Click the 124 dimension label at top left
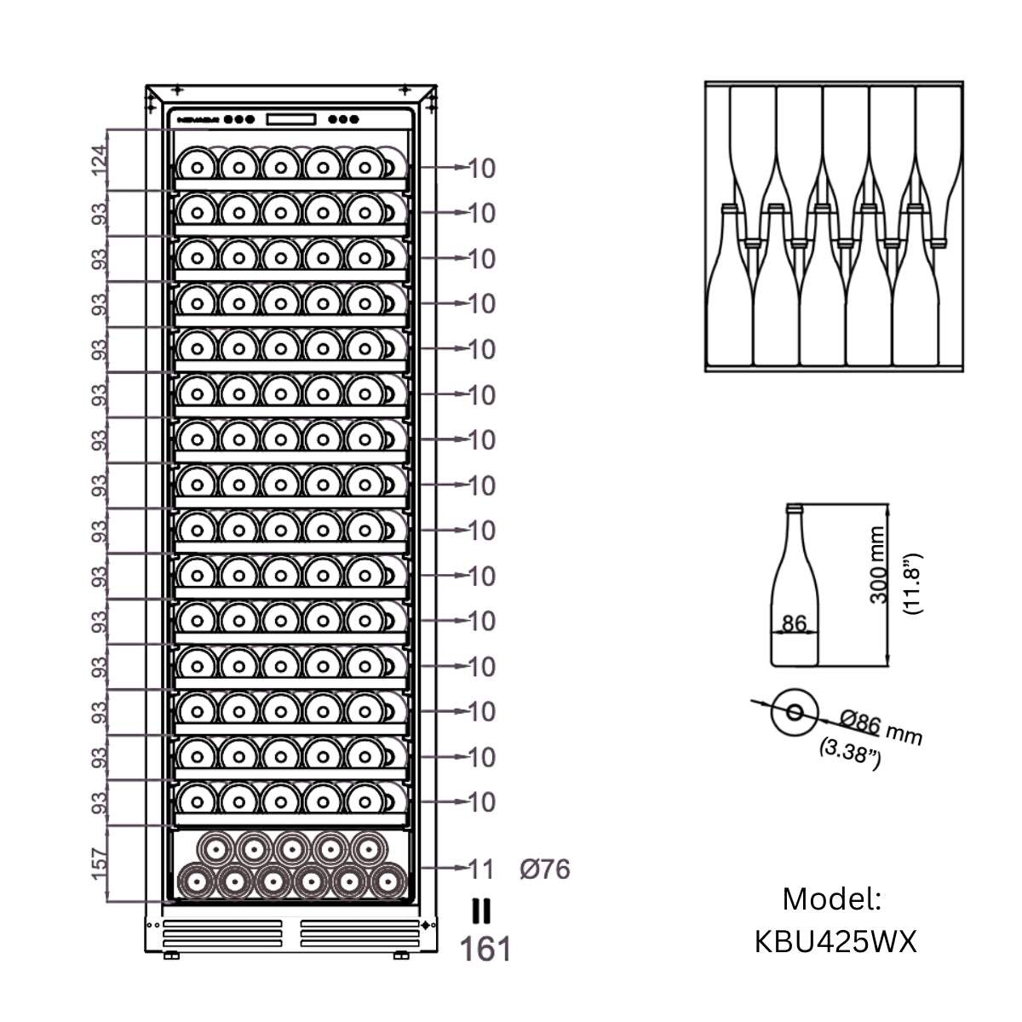[100, 160]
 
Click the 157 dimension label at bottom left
[100, 864]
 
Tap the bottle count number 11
[481, 869]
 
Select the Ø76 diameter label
[545, 870]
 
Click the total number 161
[485, 949]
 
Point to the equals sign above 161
[481, 911]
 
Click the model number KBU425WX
[835, 942]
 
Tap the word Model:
[832, 899]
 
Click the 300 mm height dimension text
[878, 565]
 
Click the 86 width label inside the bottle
[794, 623]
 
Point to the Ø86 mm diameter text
[881, 728]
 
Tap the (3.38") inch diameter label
[848, 753]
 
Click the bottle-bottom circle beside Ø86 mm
[794, 711]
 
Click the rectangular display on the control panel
[291, 119]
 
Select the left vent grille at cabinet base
[222, 933]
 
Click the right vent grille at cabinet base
[360, 933]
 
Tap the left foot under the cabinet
[171, 956]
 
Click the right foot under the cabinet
[401, 956]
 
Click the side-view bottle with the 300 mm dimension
[794, 588]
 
